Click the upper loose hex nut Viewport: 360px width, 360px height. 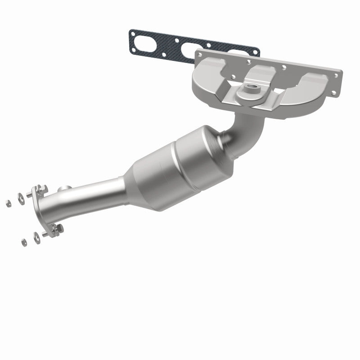pos(8,203)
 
